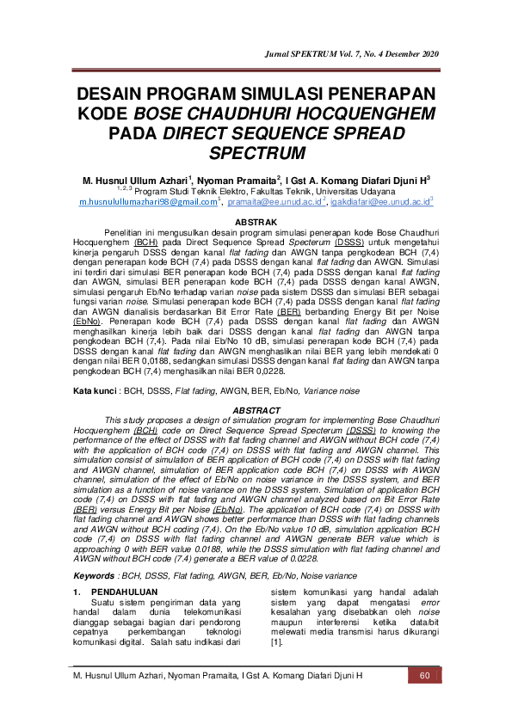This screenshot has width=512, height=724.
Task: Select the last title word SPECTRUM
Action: tap(256, 154)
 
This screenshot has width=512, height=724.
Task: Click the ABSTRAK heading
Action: tap(256, 223)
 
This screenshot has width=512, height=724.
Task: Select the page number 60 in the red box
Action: tap(423, 675)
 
